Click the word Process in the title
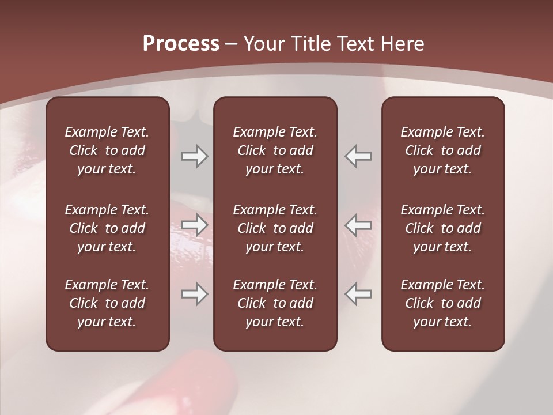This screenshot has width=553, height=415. click(181, 44)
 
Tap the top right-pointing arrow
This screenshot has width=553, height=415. click(194, 156)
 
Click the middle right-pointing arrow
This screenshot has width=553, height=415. click(194, 225)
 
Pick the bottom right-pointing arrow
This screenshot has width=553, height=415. click(194, 294)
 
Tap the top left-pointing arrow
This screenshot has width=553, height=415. click(358, 156)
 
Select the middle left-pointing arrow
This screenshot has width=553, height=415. click(358, 225)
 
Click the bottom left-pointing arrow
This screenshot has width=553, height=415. click(358, 294)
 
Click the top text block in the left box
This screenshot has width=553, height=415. click(107, 150)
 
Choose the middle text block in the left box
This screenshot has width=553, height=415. click(107, 228)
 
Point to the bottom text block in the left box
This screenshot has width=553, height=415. click(107, 303)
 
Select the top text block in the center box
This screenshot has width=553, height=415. click(275, 150)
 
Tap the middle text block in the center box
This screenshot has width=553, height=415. click(275, 228)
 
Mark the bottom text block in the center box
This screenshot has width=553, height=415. click(275, 303)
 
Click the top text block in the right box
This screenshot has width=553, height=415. click(442, 150)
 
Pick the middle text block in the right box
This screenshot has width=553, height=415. click(442, 228)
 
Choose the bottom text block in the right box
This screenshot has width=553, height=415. click(442, 303)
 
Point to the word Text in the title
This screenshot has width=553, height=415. click(356, 44)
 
